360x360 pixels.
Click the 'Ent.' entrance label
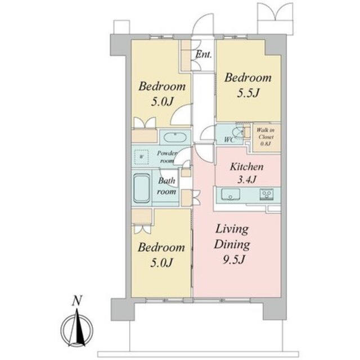(x=204, y=55)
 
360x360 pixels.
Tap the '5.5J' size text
(x=248, y=93)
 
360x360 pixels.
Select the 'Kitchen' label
(x=247, y=166)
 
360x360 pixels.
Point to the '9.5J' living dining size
(x=233, y=260)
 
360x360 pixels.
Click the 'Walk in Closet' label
(x=265, y=133)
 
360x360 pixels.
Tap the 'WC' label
(x=229, y=139)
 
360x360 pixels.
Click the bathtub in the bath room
(x=142, y=188)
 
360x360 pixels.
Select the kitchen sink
(x=231, y=195)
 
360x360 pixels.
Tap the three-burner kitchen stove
(x=267, y=194)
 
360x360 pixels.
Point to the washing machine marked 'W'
(x=141, y=157)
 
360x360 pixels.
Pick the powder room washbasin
(x=175, y=137)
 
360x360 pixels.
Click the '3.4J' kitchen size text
(x=246, y=179)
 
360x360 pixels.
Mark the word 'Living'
(x=232, y=229)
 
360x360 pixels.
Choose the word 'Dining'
(x=232, y=244)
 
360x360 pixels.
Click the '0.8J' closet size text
(x=265, y=144)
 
